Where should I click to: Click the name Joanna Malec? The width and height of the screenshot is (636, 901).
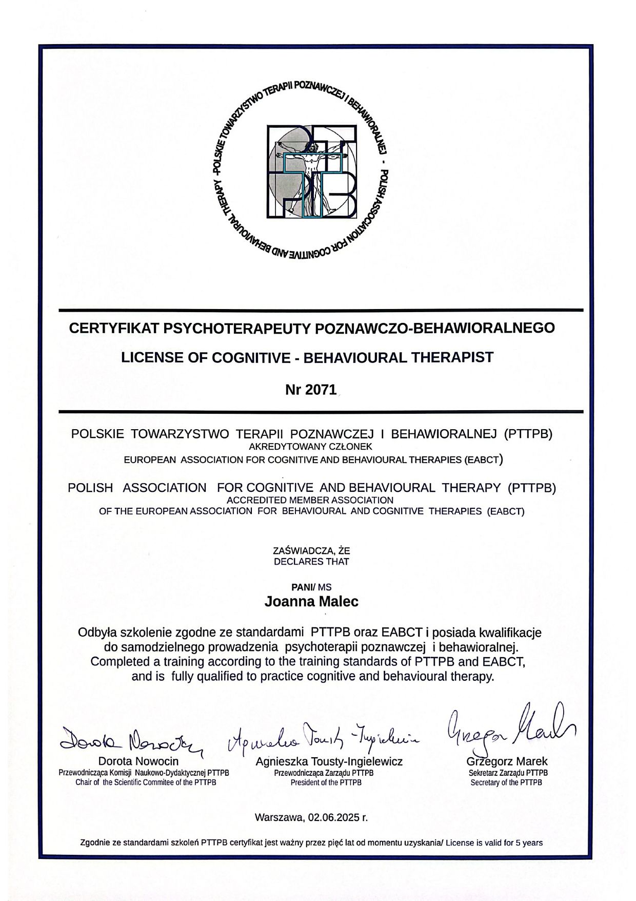(311, 601)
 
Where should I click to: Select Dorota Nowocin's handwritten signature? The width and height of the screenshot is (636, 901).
(131, 739)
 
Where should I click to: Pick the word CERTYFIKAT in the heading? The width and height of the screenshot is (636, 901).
(114, 328)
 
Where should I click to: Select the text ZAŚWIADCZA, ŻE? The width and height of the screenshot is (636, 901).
(311, 551)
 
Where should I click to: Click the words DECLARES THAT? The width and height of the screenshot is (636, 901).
(311, 562)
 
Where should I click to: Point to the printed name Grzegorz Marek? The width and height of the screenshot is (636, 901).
(507, 761)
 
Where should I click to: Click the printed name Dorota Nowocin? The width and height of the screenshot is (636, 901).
(138, 761)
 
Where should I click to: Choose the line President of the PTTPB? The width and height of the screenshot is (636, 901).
(326, 782)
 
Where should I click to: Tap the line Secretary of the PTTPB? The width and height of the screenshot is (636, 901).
(506, 782)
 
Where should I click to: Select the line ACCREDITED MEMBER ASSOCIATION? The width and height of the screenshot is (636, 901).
(310, 500)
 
